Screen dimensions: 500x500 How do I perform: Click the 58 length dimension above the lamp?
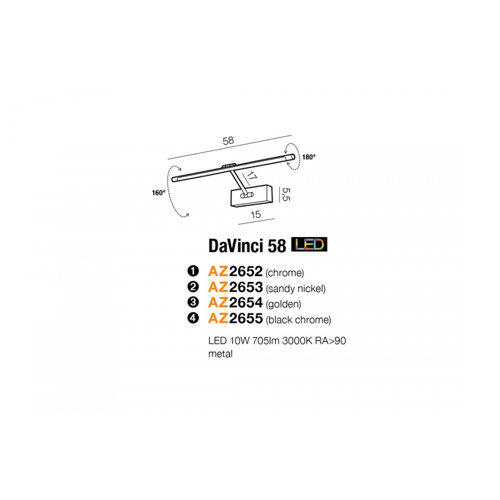click(x=228, y=140)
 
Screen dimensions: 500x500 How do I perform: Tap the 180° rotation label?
click(x=308, y=157)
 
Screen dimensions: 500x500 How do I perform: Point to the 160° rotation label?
click(x=158, y=192)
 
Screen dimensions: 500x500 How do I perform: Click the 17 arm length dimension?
click(x=251, y=176)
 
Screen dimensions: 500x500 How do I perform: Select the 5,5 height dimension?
click(x=286, y=194)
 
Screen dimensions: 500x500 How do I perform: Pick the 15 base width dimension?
click(x=255, y=214)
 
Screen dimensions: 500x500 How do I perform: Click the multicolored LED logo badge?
click(x=309, y=244)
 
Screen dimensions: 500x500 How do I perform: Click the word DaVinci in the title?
click(x=236, y=246)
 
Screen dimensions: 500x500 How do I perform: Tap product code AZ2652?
click(x=235, y=271)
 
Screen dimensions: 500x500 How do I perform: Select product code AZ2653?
click(x=235, y=287)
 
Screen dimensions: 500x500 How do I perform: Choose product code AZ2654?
click(x=235, y=302)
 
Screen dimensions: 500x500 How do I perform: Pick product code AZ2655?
click(x=235, y=318)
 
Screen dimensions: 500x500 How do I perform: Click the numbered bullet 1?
click(x=193, y=271)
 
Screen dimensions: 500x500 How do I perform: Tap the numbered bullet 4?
click(x=193, y=318)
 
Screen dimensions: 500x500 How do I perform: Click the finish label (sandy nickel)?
click(x=295, y=288)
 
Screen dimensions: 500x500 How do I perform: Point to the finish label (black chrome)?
click(x=298, y=320)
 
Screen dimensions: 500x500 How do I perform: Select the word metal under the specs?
click(x=220, y=354)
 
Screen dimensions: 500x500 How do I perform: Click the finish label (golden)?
click(x=283, y=304)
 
